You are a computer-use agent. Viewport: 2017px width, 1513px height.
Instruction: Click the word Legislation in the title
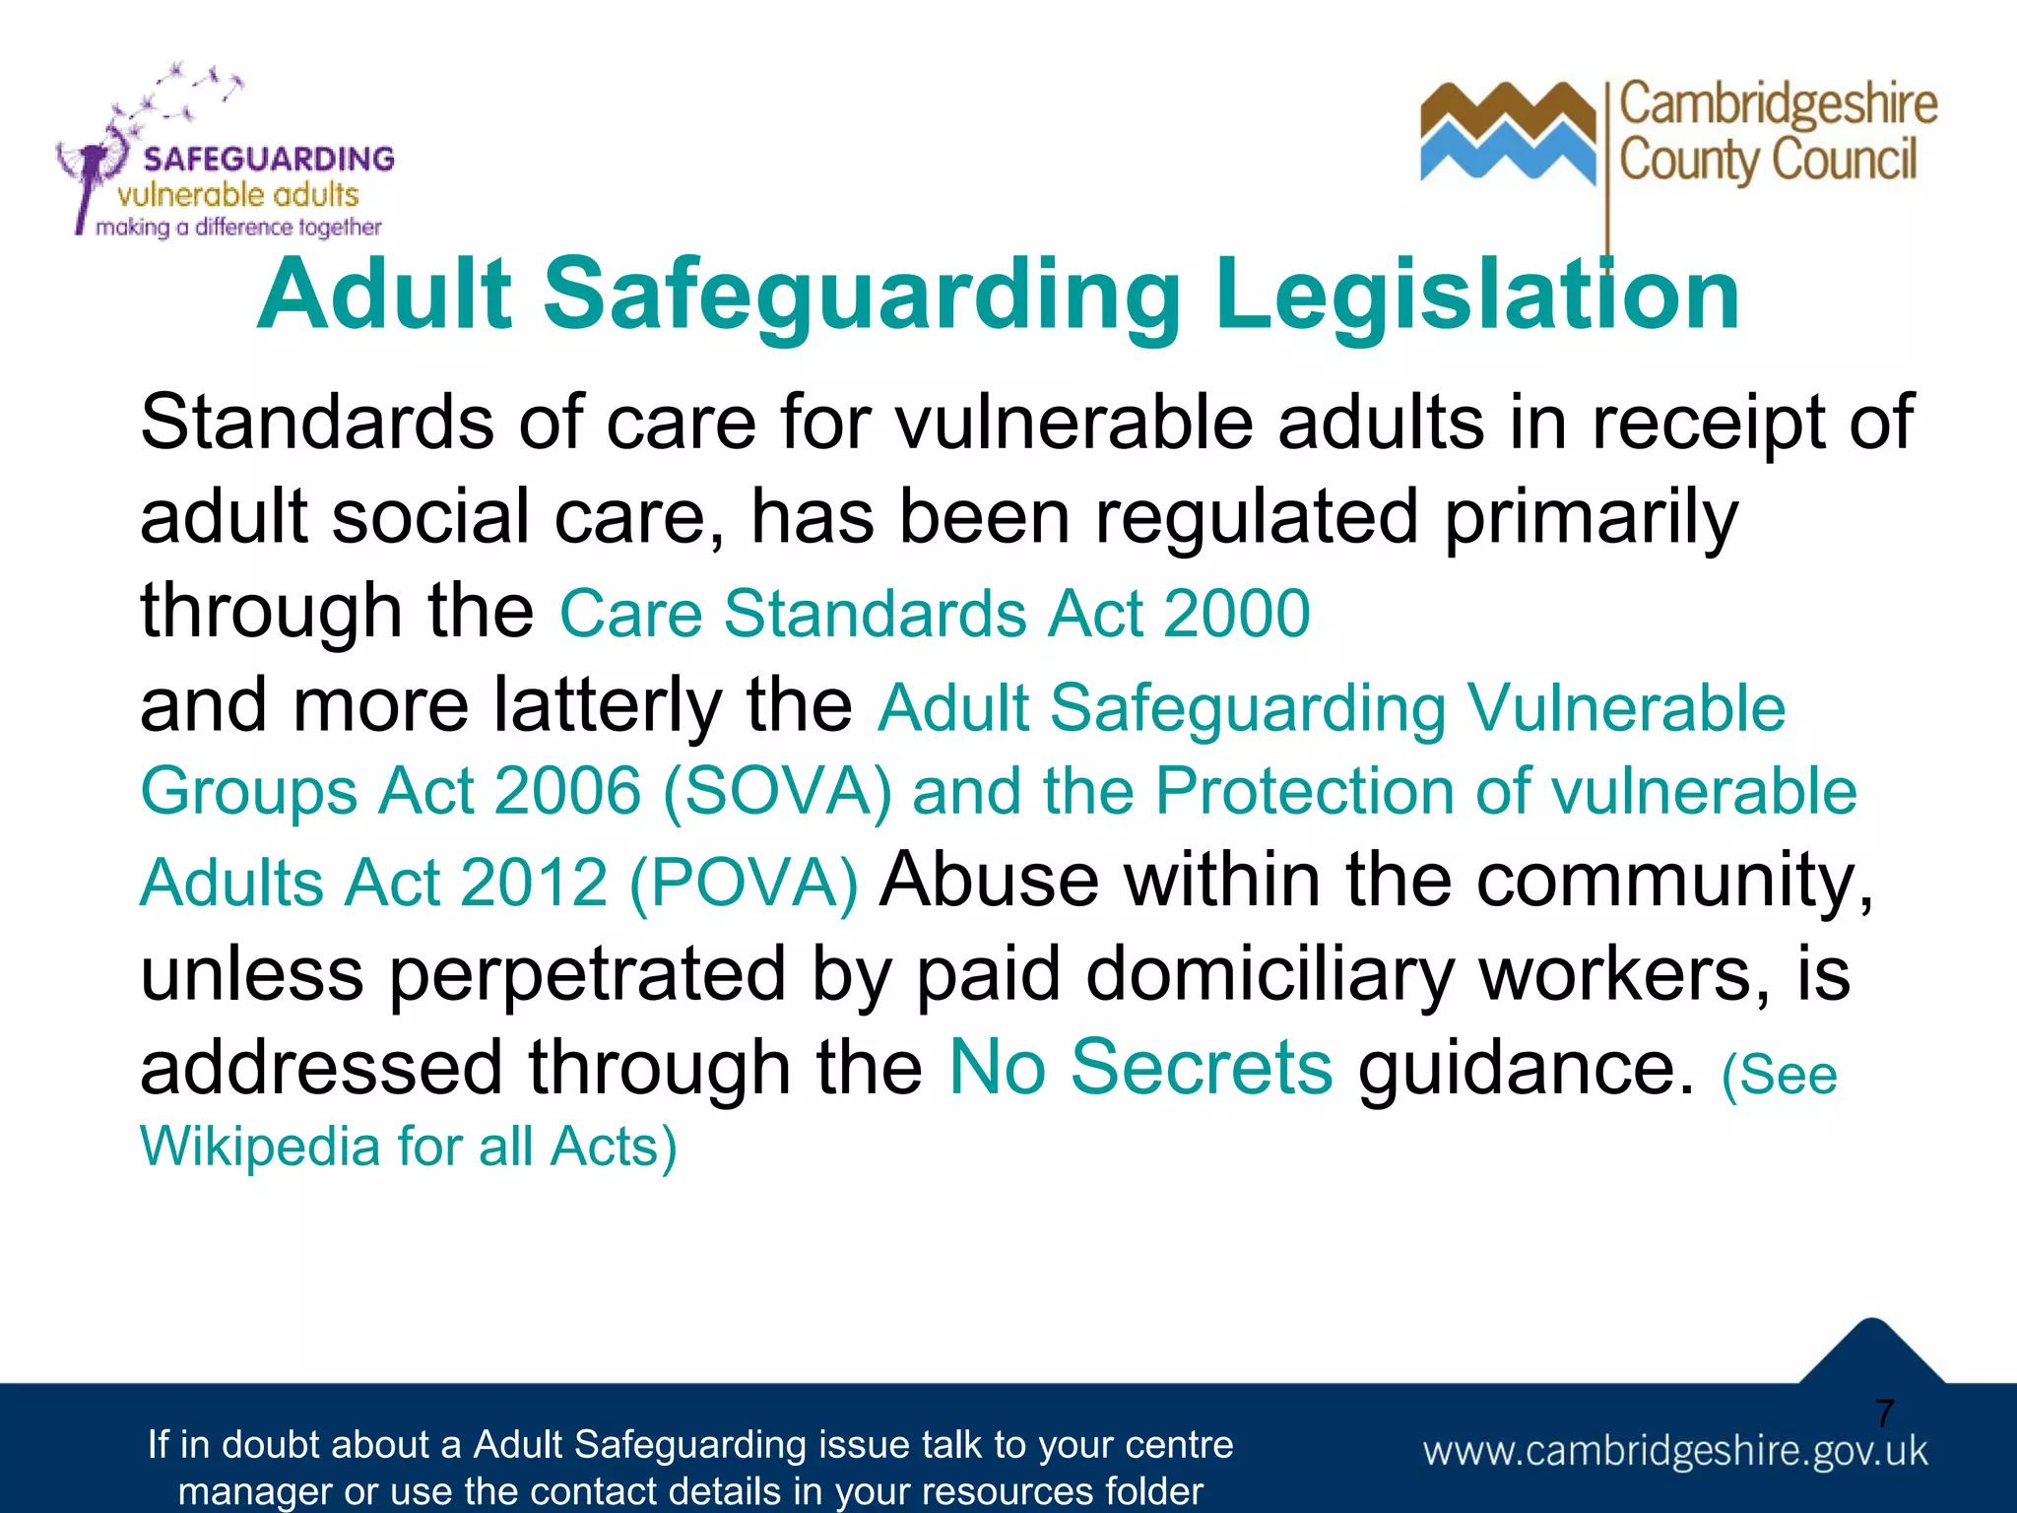[1477, 296]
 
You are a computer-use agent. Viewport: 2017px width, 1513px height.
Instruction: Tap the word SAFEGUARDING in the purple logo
[268, 160]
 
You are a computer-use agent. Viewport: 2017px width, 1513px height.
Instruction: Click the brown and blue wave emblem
[1507, 133]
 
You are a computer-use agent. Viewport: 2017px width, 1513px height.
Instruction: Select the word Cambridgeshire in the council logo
[1778, 105]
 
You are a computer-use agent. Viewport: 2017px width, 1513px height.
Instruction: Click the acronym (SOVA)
[777, 792]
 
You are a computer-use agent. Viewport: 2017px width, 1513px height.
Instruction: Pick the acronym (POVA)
[744, 883]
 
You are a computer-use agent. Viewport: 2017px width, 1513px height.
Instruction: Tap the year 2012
[534, 883]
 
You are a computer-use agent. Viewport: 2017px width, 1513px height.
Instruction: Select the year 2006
[567, 792]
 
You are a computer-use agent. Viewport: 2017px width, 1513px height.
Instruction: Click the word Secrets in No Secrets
[1202, 1068]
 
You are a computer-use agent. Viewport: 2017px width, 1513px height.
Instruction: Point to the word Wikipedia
[260, 1148]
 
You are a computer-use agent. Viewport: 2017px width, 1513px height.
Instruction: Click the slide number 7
[1884, 1414]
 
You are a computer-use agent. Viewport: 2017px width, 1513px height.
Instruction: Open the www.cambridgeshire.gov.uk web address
[1674, 1452]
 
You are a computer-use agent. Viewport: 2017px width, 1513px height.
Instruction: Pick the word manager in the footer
[254, 1491]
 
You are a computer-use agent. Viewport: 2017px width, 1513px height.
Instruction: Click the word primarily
[1591, 518]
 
